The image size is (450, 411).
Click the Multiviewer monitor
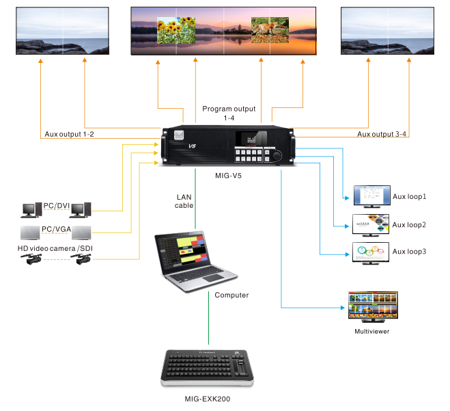tap(372, 306)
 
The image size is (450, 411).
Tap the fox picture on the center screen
tap(270, 31)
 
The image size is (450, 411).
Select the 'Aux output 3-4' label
tap(383, 134)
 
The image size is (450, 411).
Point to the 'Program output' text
tap(229, 109)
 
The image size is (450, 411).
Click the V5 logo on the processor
tap(192, 146)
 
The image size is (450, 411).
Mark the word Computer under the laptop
tap(231, 295)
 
